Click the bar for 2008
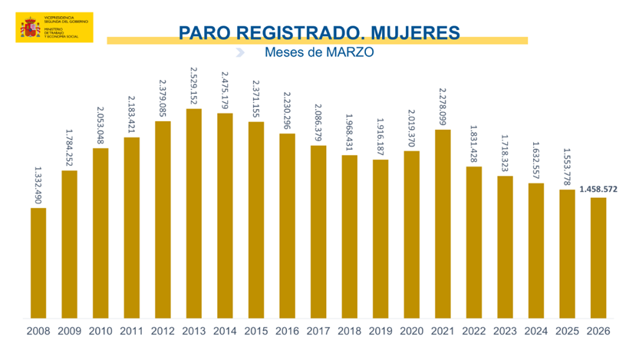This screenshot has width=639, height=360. (x=38, y=263)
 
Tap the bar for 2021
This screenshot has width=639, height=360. (x=443, y=223)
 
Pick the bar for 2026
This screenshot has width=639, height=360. (x=598, y=257)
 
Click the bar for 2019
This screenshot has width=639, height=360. (x=380, y=238)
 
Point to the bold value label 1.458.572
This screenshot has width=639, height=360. (x=598, y=189)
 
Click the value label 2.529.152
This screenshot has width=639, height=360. (x=194, y=87)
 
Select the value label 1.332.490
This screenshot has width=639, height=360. (x=38, y=183)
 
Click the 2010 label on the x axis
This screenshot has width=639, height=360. (x=100, y=332)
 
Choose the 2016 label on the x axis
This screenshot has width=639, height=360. (x=287, y=332)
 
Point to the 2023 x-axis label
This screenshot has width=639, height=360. (x=505, y=332)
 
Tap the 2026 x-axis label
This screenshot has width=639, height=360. (x=598, y=332)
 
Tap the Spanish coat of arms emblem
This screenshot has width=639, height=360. (x=30, y=27)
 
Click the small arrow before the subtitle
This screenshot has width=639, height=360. (x=240, y=52)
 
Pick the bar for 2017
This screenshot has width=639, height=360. (x=318, y=231)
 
